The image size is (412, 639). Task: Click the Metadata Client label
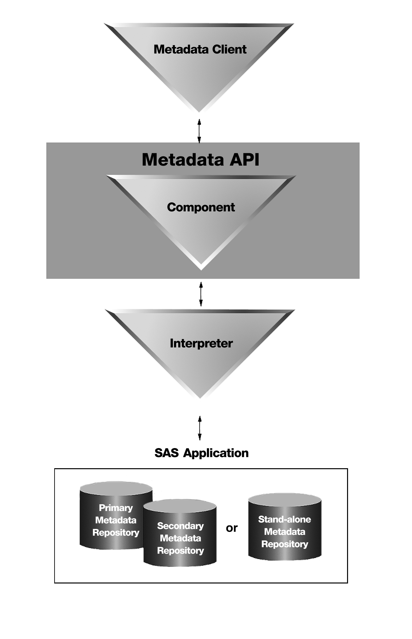(200, 49)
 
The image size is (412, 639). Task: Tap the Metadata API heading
(200, 159)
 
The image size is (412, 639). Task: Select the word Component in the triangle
(201, 207)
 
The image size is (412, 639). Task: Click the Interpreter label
(201, 343)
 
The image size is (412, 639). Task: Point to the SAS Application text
(201, 453)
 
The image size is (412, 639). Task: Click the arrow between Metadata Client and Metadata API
(199, 131)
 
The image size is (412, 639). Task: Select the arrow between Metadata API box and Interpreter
(201, 294)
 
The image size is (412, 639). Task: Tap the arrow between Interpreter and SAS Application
(200, 428)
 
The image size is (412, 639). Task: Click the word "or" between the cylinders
(231, 528)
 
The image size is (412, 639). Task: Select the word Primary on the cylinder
(116, 507)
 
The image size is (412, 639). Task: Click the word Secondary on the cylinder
(180, 526)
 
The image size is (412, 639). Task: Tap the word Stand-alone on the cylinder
(284, 519)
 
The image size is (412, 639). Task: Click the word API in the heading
(244, 159)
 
